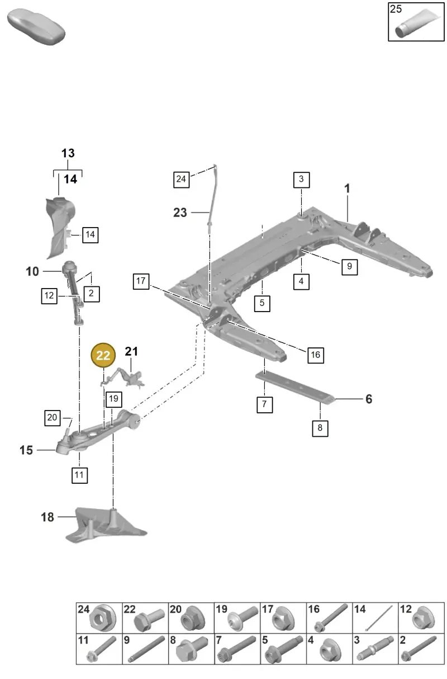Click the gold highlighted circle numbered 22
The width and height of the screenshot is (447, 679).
[103, 355]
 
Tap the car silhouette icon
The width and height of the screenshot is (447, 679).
[36, 27]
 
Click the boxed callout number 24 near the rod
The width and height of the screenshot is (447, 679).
[181, 180]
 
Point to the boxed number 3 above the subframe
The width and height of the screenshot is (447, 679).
[301, 180]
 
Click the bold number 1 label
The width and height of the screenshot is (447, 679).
[347, 188]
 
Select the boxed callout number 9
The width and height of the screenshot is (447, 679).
[349, 267]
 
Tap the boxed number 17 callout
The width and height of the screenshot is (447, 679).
[141, 281]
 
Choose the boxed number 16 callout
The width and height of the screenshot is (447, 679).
[316, 355]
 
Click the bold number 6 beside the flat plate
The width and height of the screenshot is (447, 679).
[369, 399]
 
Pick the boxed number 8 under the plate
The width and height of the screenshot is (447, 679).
[320, 428]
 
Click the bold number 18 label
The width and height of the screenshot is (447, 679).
[47, 517]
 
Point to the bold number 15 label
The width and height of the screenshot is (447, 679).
[26, 450]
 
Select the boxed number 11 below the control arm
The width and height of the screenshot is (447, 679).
[80, 475]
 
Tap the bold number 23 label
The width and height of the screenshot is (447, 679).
[180, 213]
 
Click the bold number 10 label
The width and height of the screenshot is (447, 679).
[32, 271]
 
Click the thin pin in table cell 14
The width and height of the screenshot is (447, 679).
[379, 618]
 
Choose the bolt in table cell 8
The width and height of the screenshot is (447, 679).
[192, 649]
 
